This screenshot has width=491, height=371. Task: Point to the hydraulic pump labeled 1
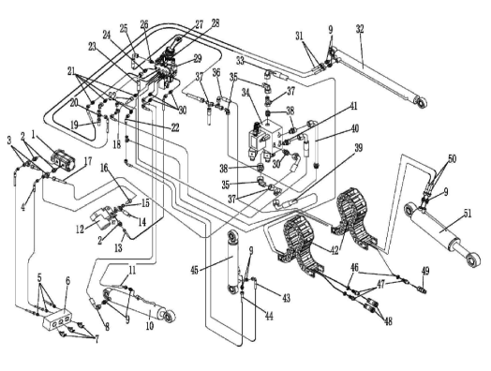click(66, 160)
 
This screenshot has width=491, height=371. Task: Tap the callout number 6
click(67, 281)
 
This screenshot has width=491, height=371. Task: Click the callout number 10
click(150, 326)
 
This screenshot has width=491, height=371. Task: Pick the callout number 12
click(80, 230)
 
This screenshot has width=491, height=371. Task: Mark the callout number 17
click(88, 161)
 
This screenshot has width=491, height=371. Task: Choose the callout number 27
click(200, 24)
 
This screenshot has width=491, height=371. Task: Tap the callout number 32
click(361, 29)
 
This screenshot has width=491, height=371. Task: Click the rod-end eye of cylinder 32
click(421, 102)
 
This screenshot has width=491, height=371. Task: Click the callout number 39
click(358, 148)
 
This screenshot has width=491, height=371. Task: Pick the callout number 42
click(335, 250)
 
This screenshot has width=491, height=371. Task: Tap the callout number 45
click(195, 270)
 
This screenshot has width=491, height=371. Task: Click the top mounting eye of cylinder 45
click(233, 236)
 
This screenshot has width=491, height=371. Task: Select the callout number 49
click(425, 271)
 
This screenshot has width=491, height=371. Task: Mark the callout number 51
click(468, 214)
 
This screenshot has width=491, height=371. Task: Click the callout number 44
click(268, 316)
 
